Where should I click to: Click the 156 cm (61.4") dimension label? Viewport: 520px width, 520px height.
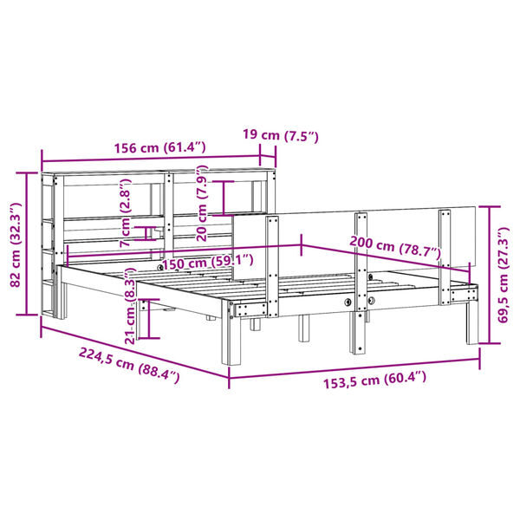click(159, 147)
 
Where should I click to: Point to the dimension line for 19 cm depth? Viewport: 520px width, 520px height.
click(267, 157)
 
